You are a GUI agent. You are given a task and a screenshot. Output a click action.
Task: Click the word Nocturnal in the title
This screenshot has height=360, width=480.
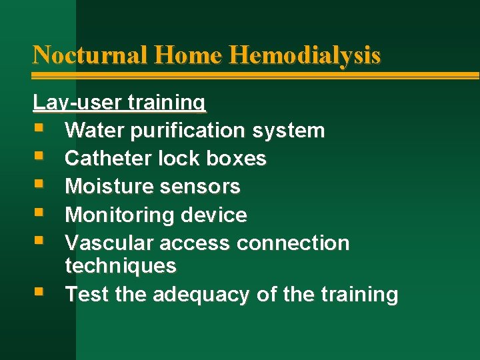(x=90, y=54)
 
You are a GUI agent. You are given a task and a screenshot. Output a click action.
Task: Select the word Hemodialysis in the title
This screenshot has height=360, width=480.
(x=305, y=54)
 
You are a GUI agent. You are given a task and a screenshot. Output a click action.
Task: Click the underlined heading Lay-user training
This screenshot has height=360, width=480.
(x=119, y=102)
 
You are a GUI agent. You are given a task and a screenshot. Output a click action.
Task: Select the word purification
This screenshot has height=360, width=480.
(x=190, y=130)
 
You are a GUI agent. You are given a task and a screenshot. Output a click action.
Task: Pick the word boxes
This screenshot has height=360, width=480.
(x=237, y=159)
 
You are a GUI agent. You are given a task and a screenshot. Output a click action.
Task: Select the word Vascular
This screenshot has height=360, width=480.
(x=107, y=243)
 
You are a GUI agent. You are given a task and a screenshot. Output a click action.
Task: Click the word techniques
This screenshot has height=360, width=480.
(x=121, y=266)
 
